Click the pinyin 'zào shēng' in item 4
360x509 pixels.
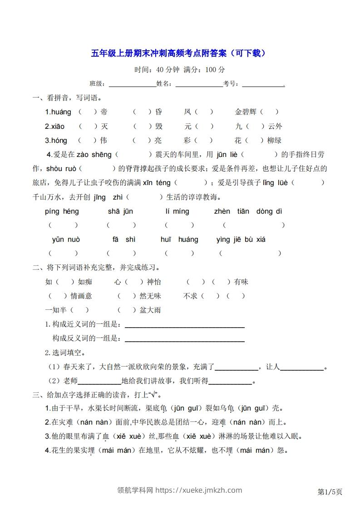pyautogui.click(x=94, y=155)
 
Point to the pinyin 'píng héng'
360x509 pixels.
pyautogui.click(x=62, y=211)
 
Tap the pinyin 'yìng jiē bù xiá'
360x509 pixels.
pyautogui.click(x=241, y=240)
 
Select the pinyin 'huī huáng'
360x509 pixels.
pyautogui.click(x=179, y=240)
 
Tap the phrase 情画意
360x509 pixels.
pyautogui.click(x=81, y=296)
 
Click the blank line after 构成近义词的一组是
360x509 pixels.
pyautogui.click(x=184, y=326)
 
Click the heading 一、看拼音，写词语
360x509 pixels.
pyautogui.click(x=67, y=98)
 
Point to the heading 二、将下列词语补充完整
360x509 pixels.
pyautogui.click(x=96, y=268)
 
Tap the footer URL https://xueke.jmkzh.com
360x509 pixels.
pyautogui.click(x=199, y=490)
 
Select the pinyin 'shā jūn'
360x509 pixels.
pyautogui.click(x=120, y=211)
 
